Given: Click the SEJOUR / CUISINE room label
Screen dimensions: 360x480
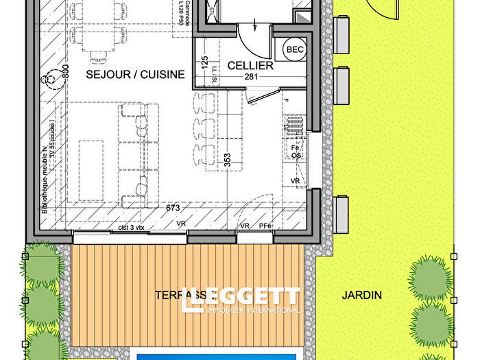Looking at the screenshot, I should [x=135, y=74].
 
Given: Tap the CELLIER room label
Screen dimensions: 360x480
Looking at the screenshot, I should [x=250, y=66].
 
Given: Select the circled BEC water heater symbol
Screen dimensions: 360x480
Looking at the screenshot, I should [x=295, y=49].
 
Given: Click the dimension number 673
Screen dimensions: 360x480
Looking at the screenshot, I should [x=172, y=207].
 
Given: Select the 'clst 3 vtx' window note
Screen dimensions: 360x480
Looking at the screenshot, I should [x=131, y=226].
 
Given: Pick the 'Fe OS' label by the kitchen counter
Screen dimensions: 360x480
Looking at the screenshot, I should [x=297, y=152].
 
